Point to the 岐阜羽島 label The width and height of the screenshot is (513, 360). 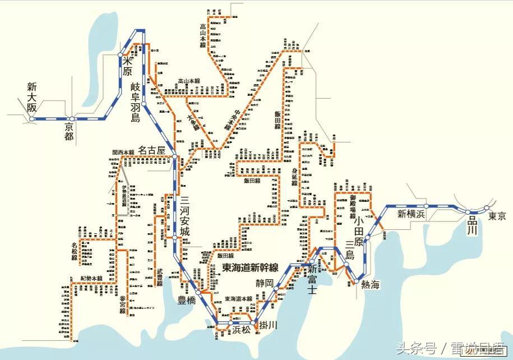click(135, 101)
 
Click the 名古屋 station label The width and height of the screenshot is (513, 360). click(153, 150)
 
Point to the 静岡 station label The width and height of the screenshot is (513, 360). click(265, 283)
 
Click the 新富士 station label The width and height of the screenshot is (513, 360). click(312, 280)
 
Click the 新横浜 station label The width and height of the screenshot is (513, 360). click(413, 214)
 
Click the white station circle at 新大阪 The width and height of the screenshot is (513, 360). click(33, 119)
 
